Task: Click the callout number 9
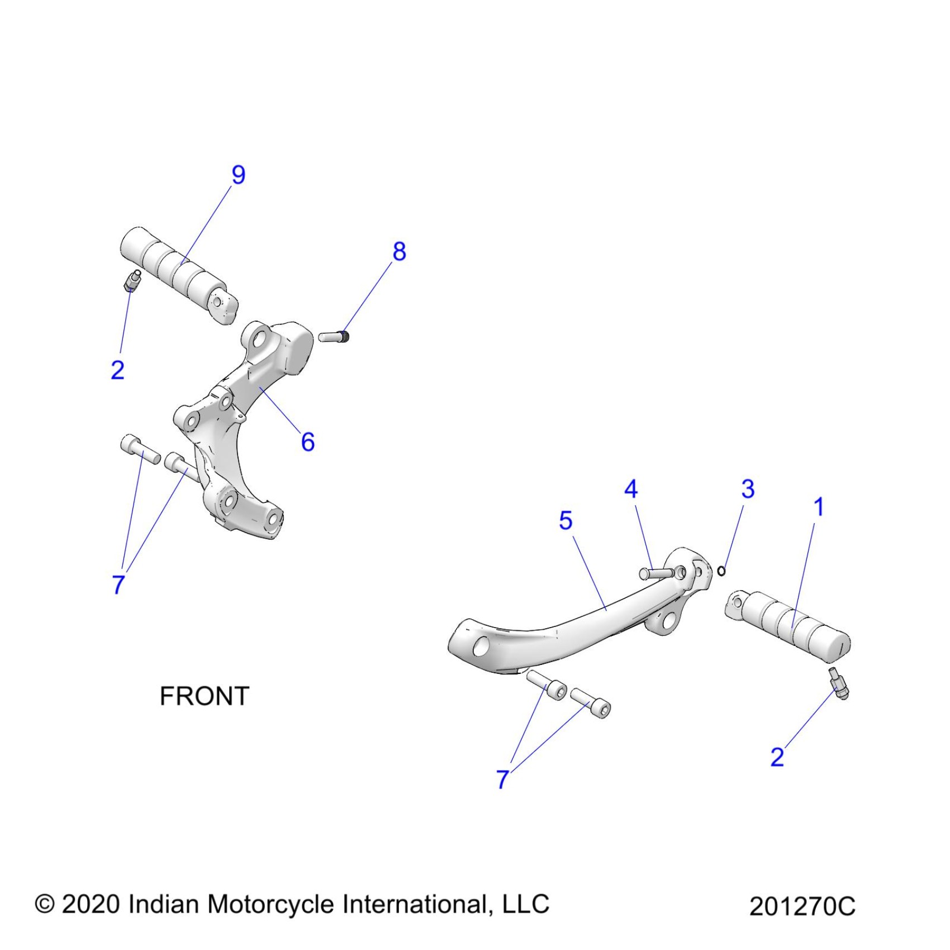tap(239, 175)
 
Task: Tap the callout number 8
tap(399, 251)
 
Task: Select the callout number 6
tap(308, 442)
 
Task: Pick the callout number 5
tap(566, 521)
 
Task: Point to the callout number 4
tap(631, 490)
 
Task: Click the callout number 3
tap(748, 490)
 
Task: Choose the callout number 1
tap(819, 507)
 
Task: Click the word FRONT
tap(204, 696)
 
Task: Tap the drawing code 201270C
tap(802, 906)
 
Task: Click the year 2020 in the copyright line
tap(91, 904)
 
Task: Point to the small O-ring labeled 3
tap(721, 571)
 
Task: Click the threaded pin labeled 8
tap(334, 336)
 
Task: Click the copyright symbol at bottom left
tap(44, 904)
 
